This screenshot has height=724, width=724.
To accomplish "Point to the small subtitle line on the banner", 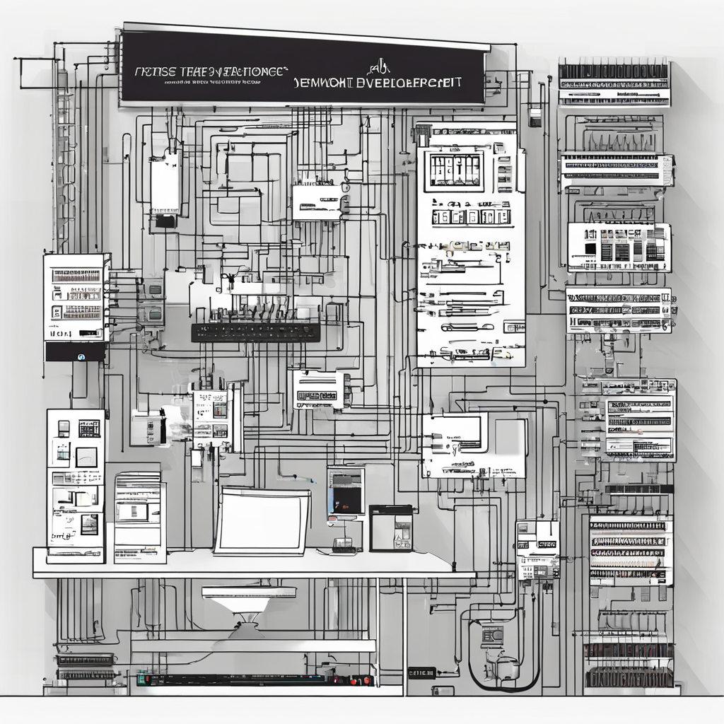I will pyautogui.click(x=209, y=83).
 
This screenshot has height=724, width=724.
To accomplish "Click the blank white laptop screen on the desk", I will pyautogui.click(x=262, y=521).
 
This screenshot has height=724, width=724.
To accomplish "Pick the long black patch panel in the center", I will pyautogui.click(x=255, y=332).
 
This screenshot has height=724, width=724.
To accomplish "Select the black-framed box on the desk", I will pyautogui.click(x=391, y=527).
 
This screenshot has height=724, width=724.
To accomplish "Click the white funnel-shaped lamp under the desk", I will pyautogui.click(x=248, y=600).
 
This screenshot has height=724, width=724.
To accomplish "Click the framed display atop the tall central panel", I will pyautogui.click(x=454, y=170).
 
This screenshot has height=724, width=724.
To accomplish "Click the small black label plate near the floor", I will pyautogui.click(x=421, y=672).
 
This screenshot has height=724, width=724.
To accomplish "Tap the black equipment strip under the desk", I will pyautogui.click(x=255, y=679).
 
